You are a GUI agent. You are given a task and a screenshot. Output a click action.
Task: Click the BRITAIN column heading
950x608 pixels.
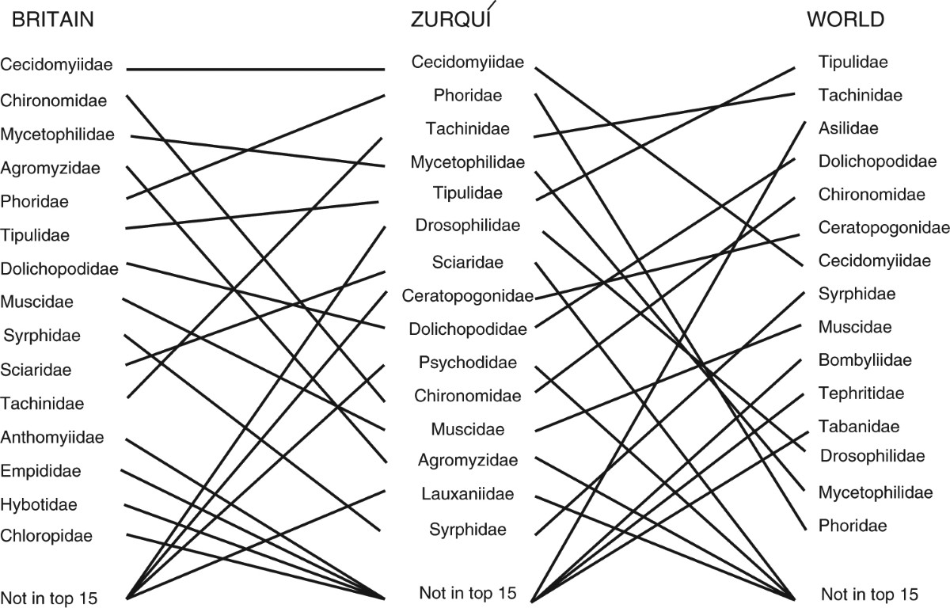pos(53,21)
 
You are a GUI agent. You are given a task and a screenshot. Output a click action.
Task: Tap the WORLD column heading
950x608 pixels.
pos(845,21)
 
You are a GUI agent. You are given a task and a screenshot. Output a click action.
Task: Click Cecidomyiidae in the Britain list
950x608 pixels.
pos(57,66)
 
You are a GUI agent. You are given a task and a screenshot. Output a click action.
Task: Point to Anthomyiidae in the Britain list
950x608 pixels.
pos(52,437)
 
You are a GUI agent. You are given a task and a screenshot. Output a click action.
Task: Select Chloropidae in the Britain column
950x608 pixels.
pos(47,536)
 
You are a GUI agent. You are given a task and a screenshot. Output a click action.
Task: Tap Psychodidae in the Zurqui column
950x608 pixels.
pos(468,363)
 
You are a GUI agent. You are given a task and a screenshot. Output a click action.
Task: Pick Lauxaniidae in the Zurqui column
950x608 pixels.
pos(468,495)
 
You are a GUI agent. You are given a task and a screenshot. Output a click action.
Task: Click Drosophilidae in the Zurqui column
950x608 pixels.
pos(468,226)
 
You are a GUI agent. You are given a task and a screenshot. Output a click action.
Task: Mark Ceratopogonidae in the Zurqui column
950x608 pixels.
pos(468,296)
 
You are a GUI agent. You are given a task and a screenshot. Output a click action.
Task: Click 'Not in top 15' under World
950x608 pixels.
pos(869,595)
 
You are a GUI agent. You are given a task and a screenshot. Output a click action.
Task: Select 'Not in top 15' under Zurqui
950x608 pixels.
pos(468,592)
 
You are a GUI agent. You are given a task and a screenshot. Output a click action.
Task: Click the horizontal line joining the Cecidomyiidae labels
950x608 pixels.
pos(256,70)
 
